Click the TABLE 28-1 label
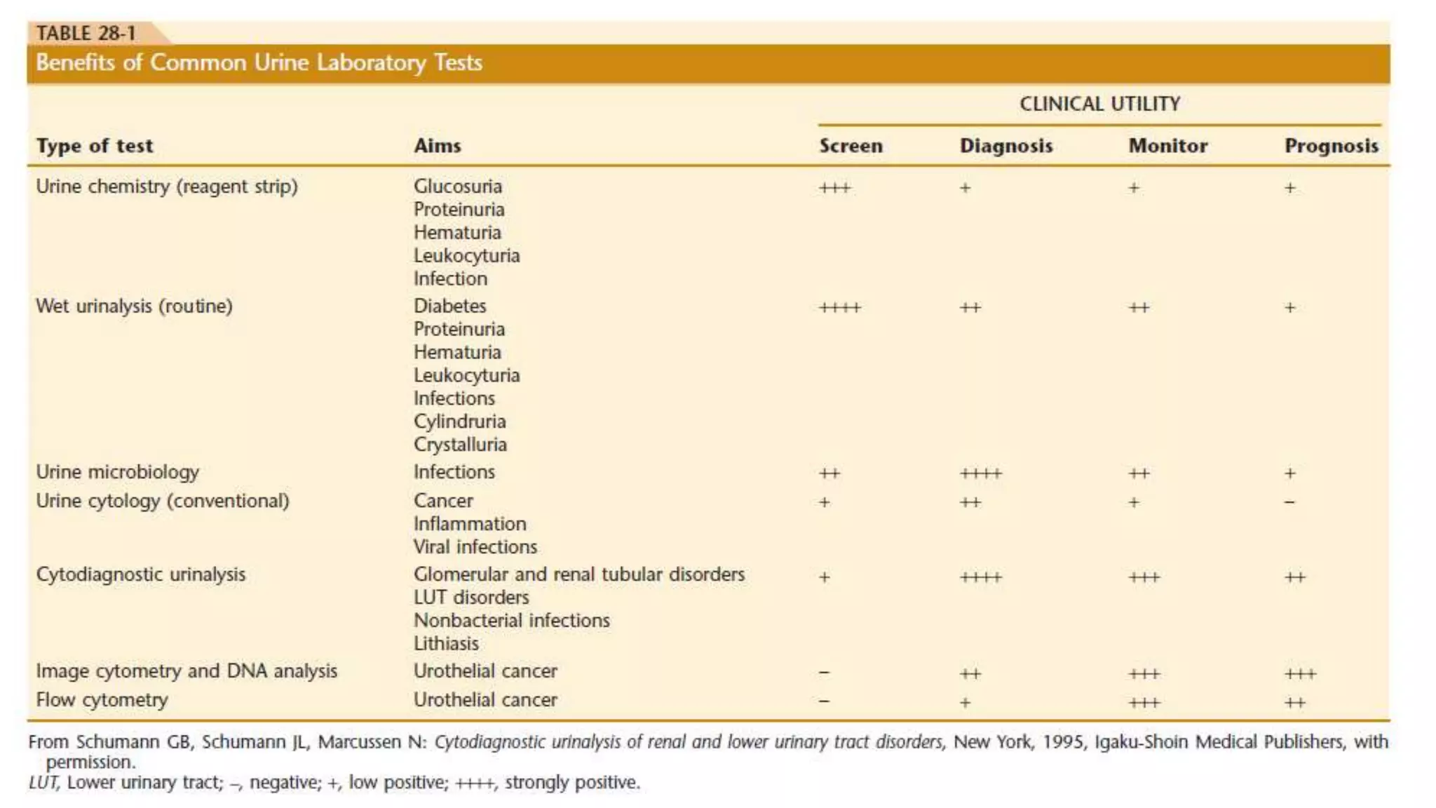pos(86,33)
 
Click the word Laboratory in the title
pos(371,62)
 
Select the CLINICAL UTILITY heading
pos(1099,104)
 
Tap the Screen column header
pos(851,146)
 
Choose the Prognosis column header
pos(1331,146)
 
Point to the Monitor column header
pos(1167,146)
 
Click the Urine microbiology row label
pos(118,472)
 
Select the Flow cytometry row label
pos(102,700)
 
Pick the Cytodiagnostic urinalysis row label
pos(141,574)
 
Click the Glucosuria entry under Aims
pos(458,187)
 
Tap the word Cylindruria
pos(460,422)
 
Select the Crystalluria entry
pos(460,445)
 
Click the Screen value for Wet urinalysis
pos(840,308)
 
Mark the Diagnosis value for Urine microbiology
pos(981,474)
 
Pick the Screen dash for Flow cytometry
pos(825,701)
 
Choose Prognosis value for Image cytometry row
pos(1300,674)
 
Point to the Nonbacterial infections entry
pos(512,621)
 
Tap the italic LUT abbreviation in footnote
pos(43,783)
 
